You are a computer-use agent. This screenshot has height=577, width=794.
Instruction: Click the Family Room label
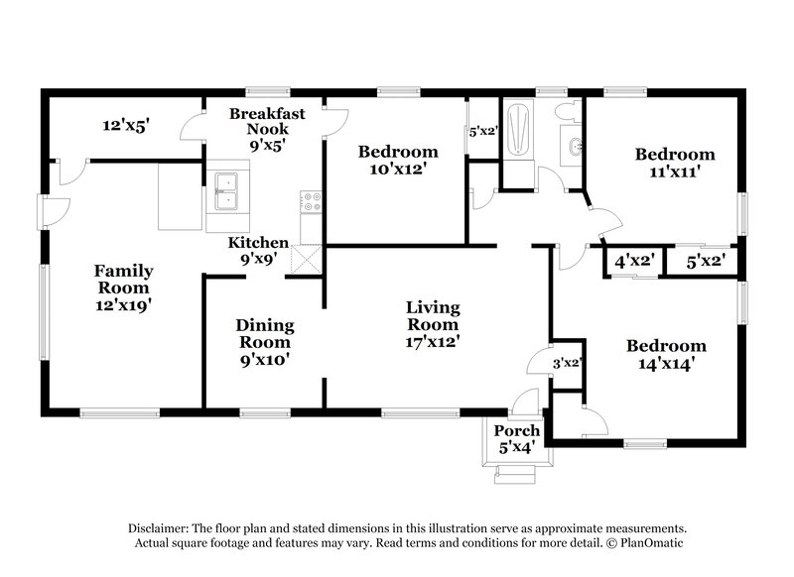click(x=123, y=288)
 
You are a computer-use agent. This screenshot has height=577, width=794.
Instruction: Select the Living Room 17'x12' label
click(x=433, y=324)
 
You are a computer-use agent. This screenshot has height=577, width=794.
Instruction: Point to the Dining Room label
click(x=263, y=342)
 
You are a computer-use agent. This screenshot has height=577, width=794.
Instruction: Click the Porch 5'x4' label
click(x=517, y=438)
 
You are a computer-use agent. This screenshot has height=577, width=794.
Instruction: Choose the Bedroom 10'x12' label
click(x=398, y=160)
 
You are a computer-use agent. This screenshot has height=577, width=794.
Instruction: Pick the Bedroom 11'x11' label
click(x=675, y=163)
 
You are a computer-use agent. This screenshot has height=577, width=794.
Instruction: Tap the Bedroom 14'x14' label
click(x=666, y=354)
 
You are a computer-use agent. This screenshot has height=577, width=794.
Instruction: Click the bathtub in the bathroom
click(x=519, y=135)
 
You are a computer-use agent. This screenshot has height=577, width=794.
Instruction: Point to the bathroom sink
click(x=573, y=150)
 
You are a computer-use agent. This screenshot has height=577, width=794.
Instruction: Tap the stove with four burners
click(x=312, y=202)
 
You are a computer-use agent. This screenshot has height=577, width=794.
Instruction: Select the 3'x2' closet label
click(x=565, y=363)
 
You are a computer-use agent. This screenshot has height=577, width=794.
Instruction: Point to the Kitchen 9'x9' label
click(x=259, y=251)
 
